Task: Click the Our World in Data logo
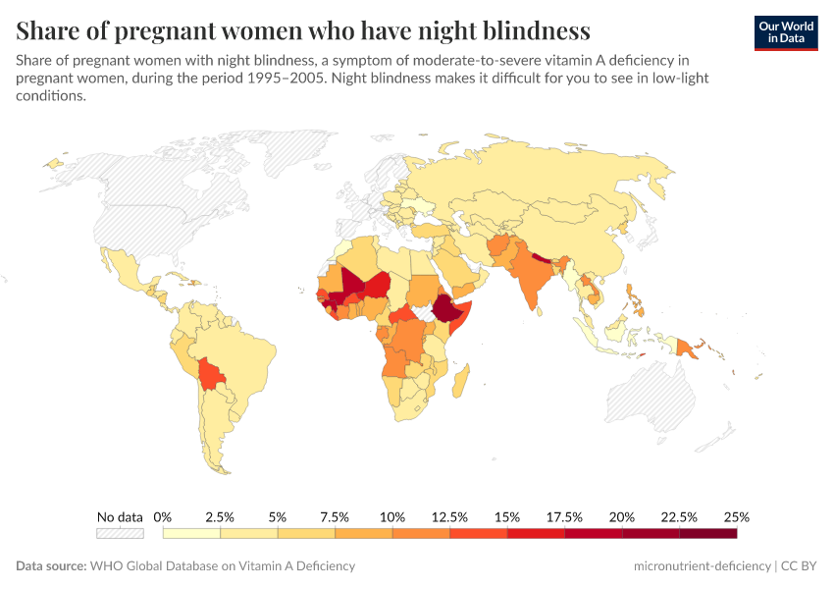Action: point(786,32)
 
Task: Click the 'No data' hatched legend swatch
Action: point(120,534)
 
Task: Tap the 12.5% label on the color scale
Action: point(449,516)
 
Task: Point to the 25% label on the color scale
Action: point(737,516)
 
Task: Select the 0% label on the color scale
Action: point(163,516)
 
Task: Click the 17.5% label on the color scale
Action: point(564,516)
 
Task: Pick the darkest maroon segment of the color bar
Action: point(707,534)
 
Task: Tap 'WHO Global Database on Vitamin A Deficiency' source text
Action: point(222,566)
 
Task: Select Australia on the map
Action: point(652,398)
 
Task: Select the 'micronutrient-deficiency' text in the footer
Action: point(702,566)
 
